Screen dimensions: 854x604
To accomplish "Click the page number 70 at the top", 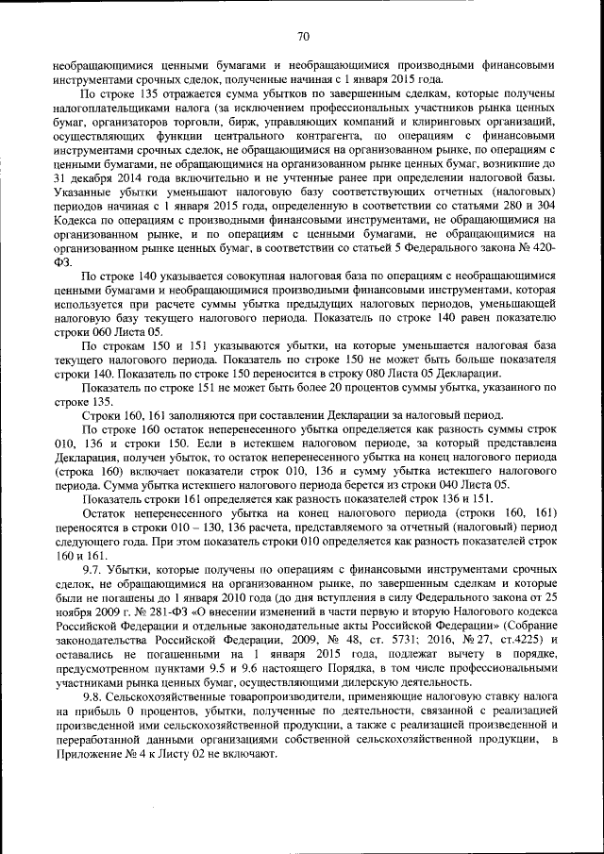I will click(x=303, y=37).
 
